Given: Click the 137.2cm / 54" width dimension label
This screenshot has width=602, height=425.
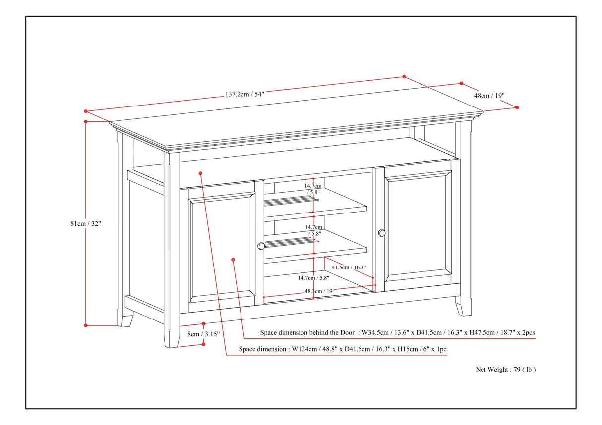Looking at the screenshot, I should click(245, 94).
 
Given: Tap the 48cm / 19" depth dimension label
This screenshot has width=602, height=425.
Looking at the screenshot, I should click(489, 96).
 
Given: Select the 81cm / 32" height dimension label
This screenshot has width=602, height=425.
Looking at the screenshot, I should click(85, 223).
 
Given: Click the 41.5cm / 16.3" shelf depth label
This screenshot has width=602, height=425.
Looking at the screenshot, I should click(349, 267).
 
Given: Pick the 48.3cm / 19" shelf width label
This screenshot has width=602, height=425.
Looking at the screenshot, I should click(319, 292).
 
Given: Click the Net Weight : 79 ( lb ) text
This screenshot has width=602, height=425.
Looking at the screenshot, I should click(506, 369).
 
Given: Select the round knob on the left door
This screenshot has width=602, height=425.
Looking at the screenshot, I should click(261, 246).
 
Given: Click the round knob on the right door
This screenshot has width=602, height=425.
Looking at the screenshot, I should click(381, 232).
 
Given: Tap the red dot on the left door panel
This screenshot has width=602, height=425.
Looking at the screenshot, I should click(233, 259).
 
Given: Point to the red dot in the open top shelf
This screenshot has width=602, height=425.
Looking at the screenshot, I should click(201, 173).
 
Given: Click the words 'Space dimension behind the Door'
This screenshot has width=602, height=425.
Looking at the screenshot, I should click(307, 332).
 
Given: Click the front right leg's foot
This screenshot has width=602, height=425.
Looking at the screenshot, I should click(464, 310).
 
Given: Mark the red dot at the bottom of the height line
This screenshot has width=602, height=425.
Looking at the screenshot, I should click(86, 325).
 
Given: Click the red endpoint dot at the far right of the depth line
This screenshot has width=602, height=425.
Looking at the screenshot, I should click(517, 107).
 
